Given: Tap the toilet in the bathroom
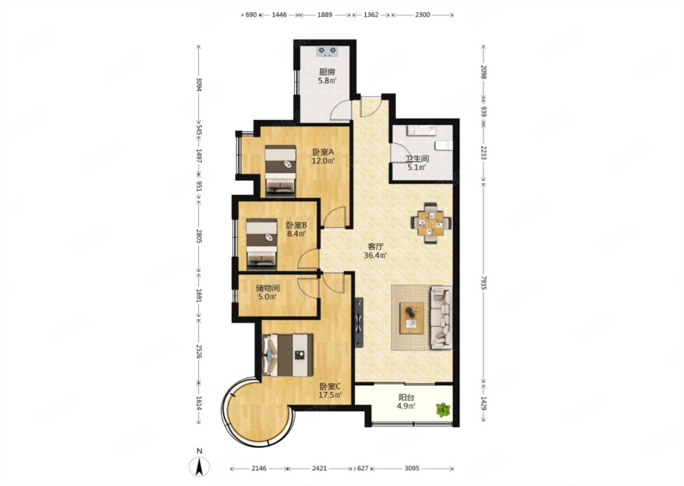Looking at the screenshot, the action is (x=444, y=146).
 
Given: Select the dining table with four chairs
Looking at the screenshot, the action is (x=431, y=223).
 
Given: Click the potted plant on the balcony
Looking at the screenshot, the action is (x=443, y=410).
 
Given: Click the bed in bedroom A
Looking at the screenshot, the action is (x=280, y=170).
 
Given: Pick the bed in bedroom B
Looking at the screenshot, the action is (x=262, y=244).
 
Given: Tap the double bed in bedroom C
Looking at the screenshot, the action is (x=287, y=355).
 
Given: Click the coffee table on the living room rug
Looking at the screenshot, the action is (x=412, y=318).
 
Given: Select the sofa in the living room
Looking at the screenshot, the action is (x=441, y=318).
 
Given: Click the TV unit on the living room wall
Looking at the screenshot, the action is (x=359, y=322).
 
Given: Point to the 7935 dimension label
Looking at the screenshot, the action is (x=483, y=283).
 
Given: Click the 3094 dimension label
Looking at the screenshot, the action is (x=199, y=84).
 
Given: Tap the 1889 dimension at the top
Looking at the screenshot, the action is (x=324, y=15).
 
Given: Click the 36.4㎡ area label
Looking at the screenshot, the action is (x=376, y=255).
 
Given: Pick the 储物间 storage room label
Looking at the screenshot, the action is (x=268, y=288).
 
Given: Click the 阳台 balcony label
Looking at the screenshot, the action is (x=407, y=398).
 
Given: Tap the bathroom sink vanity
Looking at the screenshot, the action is (x=421, y=130).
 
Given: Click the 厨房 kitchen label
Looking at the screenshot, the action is (x=327, y=72).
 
